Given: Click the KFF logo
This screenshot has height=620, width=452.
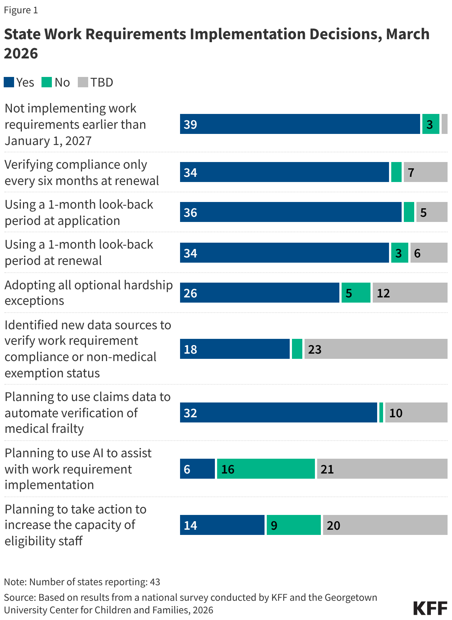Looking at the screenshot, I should pos(430,608).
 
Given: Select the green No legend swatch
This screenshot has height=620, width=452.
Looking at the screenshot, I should pos(47,82).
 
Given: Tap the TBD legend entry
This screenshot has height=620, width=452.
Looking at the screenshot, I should pos(96,82).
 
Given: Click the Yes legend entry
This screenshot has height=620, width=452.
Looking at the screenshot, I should pos(19,82).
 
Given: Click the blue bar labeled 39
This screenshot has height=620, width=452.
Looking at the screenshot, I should pos(300,124).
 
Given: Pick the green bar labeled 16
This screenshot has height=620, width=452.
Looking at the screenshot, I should pos(266,469).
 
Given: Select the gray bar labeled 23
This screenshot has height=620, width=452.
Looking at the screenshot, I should pos(376,349).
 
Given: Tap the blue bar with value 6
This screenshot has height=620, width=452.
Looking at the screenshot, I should pos(197,469).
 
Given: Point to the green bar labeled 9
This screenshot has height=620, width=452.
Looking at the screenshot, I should pos(293,525).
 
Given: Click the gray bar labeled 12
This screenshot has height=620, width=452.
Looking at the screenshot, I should pos(410,293).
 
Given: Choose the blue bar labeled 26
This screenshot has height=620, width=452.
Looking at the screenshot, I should pos(259,293).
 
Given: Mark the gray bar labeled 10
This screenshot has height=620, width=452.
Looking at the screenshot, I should pos(416,412).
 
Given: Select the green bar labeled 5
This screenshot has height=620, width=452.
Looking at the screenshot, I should pos(356,293).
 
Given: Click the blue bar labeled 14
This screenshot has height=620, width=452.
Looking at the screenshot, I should pos(222,525).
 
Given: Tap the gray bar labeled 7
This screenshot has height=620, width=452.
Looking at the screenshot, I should pos(425,172).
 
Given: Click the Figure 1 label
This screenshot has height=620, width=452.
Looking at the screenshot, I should pos(21,10).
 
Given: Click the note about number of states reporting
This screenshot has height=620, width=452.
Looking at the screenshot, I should pos(82,582).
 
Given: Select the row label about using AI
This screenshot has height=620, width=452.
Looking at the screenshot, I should pos(78,469).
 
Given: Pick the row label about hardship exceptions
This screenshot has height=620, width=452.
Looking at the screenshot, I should pos(89,293).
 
